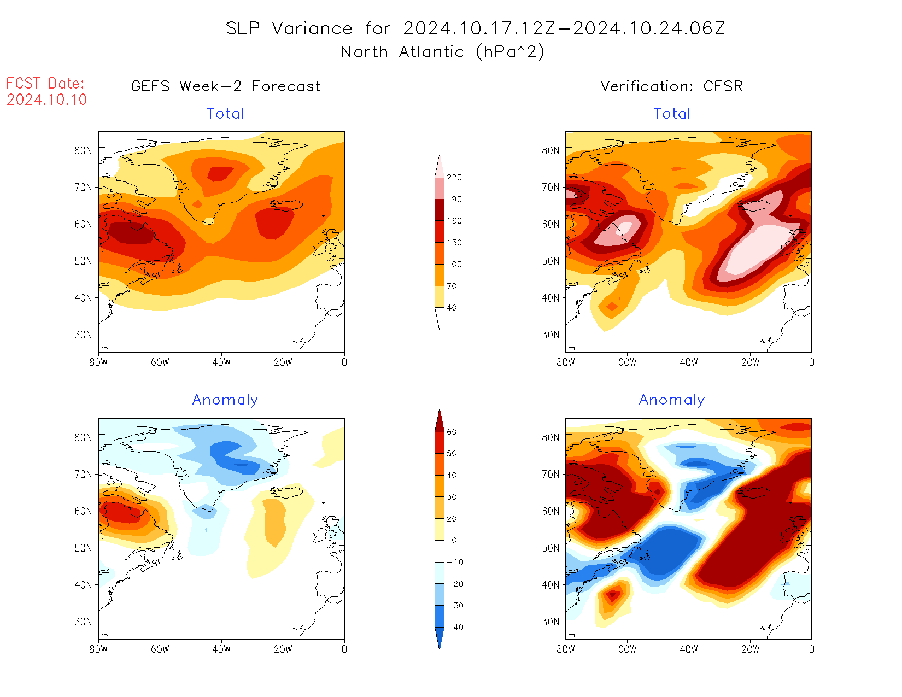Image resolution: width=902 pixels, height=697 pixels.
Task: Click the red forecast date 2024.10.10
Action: coord(47,100)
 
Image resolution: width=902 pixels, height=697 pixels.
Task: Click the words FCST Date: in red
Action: coord(45,84)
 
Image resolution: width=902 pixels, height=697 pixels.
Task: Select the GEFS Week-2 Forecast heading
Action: coord(226,86)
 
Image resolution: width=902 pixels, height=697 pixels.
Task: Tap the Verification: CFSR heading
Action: coord(671,86)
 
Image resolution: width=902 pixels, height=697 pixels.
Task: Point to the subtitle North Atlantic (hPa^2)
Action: coord(442,52)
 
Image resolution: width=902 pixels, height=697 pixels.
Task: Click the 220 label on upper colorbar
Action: coord(454,178)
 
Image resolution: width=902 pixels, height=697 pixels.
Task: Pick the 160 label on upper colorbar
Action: coord(454,221)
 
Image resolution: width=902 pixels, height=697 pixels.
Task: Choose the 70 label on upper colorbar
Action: coord(452,286)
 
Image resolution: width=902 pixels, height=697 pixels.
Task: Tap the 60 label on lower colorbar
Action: coord(452,432)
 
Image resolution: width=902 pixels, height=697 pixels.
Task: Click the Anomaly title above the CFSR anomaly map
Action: coord(671,400)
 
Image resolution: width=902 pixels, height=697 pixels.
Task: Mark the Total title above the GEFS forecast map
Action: coord(225,114)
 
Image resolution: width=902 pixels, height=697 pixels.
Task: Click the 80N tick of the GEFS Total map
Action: coord(84,150)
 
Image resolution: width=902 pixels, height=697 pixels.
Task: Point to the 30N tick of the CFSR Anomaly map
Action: coord(551,622)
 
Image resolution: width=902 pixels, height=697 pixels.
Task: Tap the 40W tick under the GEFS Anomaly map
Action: coord(221,649)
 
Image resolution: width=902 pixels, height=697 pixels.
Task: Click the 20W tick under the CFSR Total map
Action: coord(750,362)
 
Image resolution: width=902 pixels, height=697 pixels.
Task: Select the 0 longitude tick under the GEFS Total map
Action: coord(344,362)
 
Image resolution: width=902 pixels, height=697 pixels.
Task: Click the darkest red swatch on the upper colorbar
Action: coord(440,210)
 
